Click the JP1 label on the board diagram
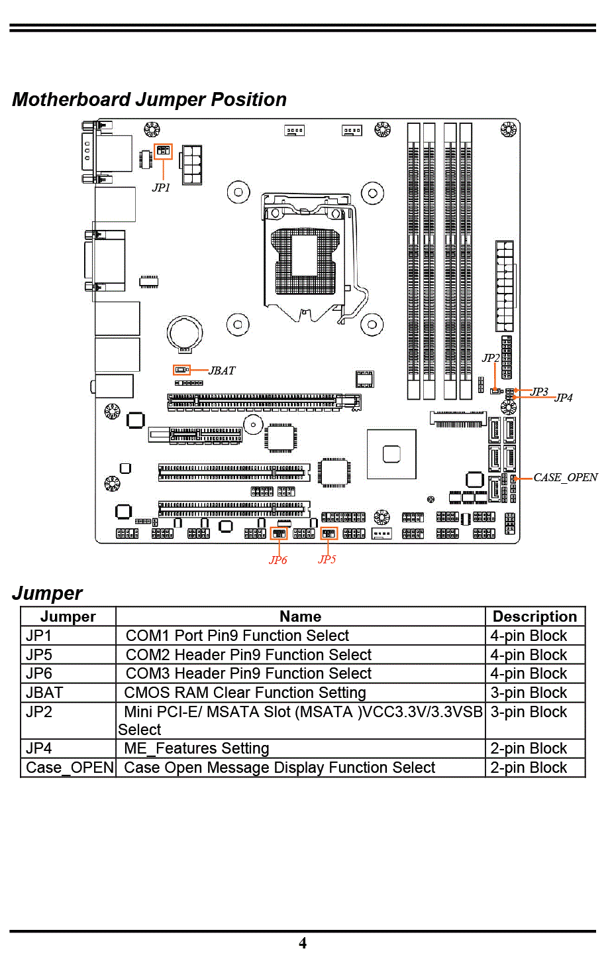161,188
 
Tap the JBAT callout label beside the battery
222,370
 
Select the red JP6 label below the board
278,560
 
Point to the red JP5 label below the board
327,559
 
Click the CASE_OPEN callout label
566,478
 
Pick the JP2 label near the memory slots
491,358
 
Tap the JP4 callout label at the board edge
564,398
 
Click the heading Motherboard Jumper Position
149,99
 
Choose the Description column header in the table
535,616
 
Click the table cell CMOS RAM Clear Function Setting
245,693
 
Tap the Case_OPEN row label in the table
70,768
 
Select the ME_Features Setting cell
197,748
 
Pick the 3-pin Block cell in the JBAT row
528,693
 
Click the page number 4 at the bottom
303,943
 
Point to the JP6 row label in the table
39,673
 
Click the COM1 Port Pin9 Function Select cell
237,636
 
